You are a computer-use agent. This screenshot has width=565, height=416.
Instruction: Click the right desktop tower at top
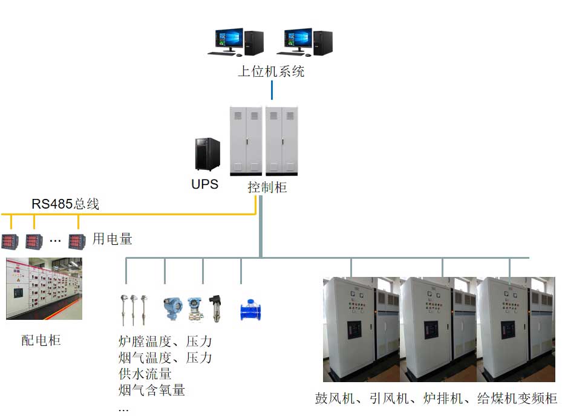[x=323, y=42]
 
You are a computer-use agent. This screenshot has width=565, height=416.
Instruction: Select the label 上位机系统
[x=271, y=72]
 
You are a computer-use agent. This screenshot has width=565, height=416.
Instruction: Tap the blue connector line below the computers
[x=272, y=91]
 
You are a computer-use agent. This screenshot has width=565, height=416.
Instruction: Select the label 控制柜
[x=267, y=187]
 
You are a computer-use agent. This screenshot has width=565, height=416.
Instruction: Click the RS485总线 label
[x=65, y=204]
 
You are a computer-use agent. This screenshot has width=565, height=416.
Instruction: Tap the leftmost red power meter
[x=10, y=241]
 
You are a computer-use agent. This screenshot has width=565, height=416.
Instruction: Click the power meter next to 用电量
[x=77, y=241]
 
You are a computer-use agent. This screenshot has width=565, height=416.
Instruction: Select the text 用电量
[x=112, y=239]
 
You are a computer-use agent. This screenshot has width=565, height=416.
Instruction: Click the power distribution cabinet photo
[x=44, y=288]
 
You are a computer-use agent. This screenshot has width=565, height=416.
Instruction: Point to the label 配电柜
[x=41, y=340]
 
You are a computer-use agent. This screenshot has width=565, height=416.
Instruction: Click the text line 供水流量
[x=145, y=374]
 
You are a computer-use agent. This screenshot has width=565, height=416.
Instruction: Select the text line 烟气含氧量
[x=152, y=390]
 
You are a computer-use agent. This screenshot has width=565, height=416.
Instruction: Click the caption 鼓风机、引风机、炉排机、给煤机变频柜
[x=436, y=398]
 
